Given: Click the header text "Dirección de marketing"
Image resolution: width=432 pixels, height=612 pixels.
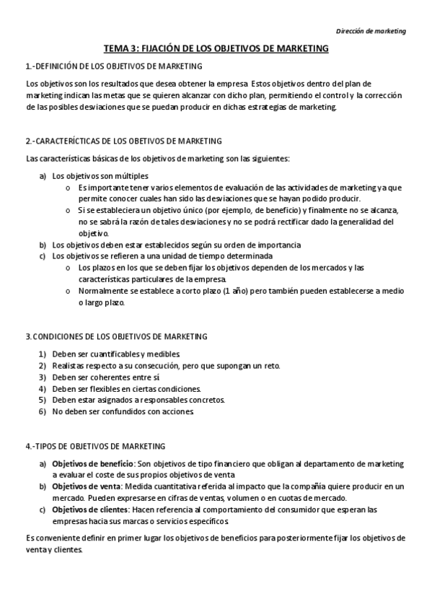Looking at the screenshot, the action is [x=371, y=31].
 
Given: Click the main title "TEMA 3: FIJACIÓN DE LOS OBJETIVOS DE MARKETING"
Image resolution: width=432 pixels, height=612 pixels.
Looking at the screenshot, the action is [x=216, y=48].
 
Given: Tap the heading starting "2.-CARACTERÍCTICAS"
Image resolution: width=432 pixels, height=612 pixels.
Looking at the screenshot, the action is [x=123, y=141].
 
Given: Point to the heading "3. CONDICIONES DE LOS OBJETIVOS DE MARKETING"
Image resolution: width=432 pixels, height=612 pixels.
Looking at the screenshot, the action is [x=116, y=336].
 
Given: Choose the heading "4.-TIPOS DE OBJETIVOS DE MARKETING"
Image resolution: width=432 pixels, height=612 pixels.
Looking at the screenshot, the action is [x=95, y=446].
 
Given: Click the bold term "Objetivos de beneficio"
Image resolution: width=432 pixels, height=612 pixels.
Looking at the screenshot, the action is [x=92, y=463].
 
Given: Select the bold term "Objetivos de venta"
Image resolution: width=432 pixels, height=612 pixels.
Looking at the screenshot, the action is [x=86, y=486].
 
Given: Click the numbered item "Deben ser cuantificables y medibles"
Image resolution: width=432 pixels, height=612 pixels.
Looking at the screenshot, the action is [x=113, y=354].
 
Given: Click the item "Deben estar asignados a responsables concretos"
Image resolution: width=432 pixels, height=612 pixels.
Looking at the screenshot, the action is [x=138, y=400].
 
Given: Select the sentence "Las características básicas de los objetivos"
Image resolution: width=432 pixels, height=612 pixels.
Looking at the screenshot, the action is [x=108, y=158].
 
